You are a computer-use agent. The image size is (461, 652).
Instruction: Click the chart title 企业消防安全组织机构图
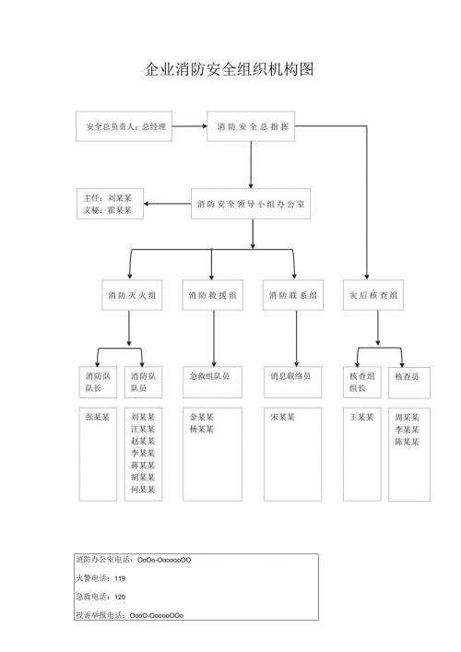click(230, 70)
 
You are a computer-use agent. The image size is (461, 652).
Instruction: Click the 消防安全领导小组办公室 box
click(252, 205)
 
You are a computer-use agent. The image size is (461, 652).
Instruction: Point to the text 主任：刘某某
click(108, 197)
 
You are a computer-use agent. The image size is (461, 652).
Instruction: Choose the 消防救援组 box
click(212, 295)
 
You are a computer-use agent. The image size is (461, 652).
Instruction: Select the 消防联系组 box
click(293, 295)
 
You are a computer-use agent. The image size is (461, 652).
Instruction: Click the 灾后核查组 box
click(373, 295)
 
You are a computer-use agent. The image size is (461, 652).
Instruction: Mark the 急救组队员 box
click(212, 377)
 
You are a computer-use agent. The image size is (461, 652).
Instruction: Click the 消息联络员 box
click(293, 377)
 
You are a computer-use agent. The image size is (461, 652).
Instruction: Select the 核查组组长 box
click(361, 383)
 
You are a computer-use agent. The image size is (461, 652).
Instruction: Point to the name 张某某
click(97, 418)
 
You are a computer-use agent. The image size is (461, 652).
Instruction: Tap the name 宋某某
click(282, 418)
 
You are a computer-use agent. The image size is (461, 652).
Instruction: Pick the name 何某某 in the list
click(143, 490)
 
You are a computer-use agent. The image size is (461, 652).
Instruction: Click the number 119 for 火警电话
click(121, 578)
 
